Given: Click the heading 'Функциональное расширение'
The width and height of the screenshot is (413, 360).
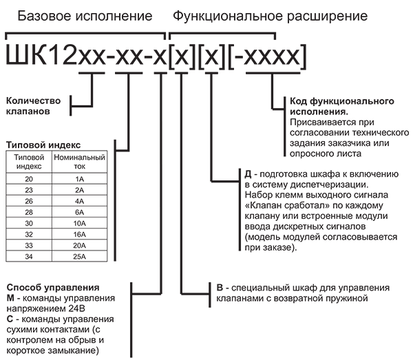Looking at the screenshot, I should [x=270, y=14].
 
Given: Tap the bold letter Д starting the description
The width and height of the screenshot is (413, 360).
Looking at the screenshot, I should [x=248, y=175].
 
